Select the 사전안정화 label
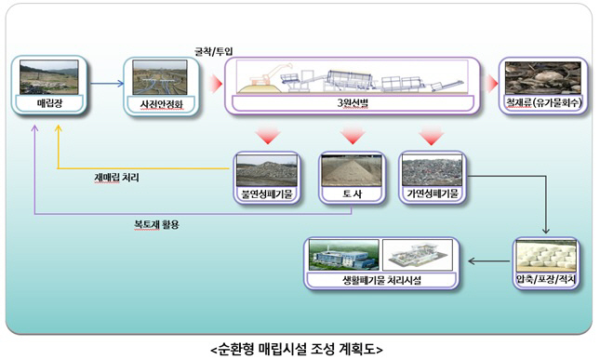[160, 104]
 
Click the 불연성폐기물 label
[267, 195]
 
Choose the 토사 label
[351, 195]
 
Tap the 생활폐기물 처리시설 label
[383, 280]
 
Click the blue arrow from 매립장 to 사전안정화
[107, 84]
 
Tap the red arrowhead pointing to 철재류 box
[490, 84]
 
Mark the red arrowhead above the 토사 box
[351, 137]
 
